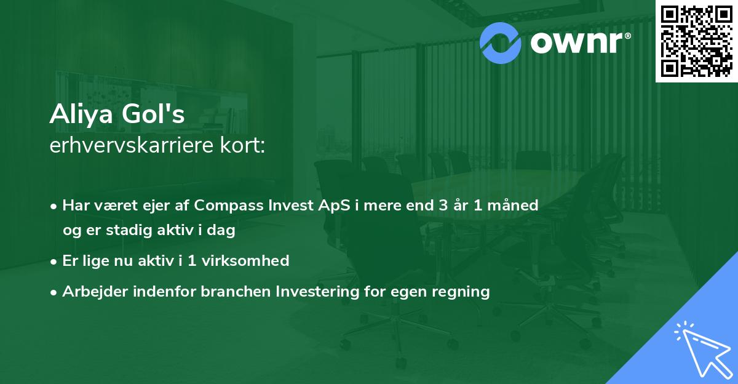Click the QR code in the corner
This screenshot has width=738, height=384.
coord(696,41)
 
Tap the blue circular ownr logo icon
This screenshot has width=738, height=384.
coord(500,43)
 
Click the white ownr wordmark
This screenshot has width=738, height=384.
coord(576,42)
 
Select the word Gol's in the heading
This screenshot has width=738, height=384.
coord(153,114)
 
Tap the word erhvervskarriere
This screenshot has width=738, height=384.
coord(132,145)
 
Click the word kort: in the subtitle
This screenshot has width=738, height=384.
coord(243,145)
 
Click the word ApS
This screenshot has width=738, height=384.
coord(334,205)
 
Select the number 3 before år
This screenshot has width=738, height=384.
coord(443,205)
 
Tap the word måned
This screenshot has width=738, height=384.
coord(513,205)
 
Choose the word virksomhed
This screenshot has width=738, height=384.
coord(245,260)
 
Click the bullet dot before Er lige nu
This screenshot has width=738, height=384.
coord(54,262)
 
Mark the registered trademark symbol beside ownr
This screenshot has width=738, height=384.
coord(628,36)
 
